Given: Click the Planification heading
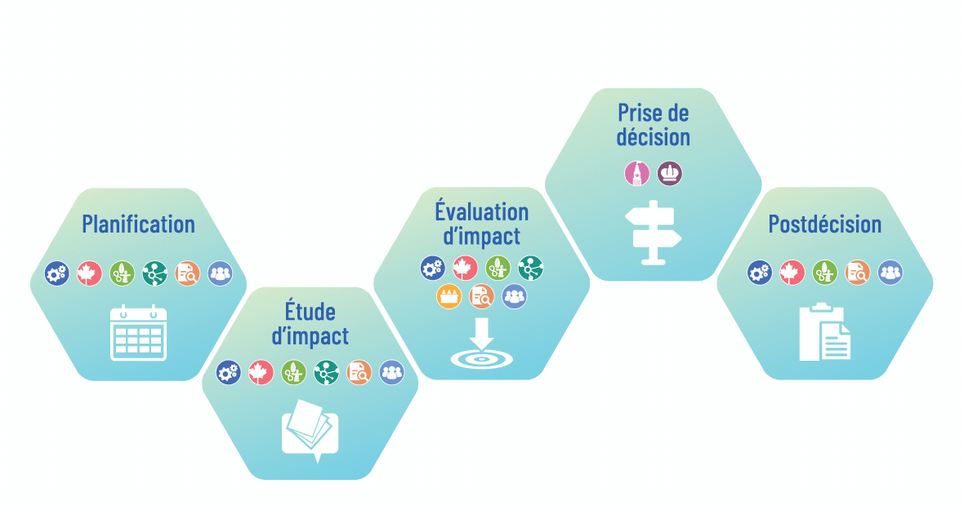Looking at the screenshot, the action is point(138,224).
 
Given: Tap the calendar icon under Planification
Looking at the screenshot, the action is point(138,333).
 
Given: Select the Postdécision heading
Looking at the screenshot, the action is point(825,224).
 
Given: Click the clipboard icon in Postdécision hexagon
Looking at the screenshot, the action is point(825,331).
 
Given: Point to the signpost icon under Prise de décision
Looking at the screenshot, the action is point(654,233).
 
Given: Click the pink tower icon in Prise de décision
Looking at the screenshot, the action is point(637,174).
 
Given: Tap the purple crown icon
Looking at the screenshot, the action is point(670,174).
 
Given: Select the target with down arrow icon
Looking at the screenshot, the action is point(481,344).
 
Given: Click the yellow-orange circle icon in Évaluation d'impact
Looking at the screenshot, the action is point(449,296).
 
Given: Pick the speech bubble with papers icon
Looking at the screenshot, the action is point(310,431).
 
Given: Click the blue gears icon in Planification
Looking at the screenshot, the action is point(56,273).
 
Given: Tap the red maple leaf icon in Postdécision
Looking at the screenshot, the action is point(792,272).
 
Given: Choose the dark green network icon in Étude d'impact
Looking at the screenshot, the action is point(326,372).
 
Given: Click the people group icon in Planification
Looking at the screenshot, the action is point(220,273).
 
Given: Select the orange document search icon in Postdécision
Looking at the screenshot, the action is point(857,272).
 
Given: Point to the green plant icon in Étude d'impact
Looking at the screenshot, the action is point(293,372).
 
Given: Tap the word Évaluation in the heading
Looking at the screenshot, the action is point(481,211).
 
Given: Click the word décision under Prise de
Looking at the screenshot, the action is point(654,137).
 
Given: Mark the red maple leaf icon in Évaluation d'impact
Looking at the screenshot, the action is point(466,269).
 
